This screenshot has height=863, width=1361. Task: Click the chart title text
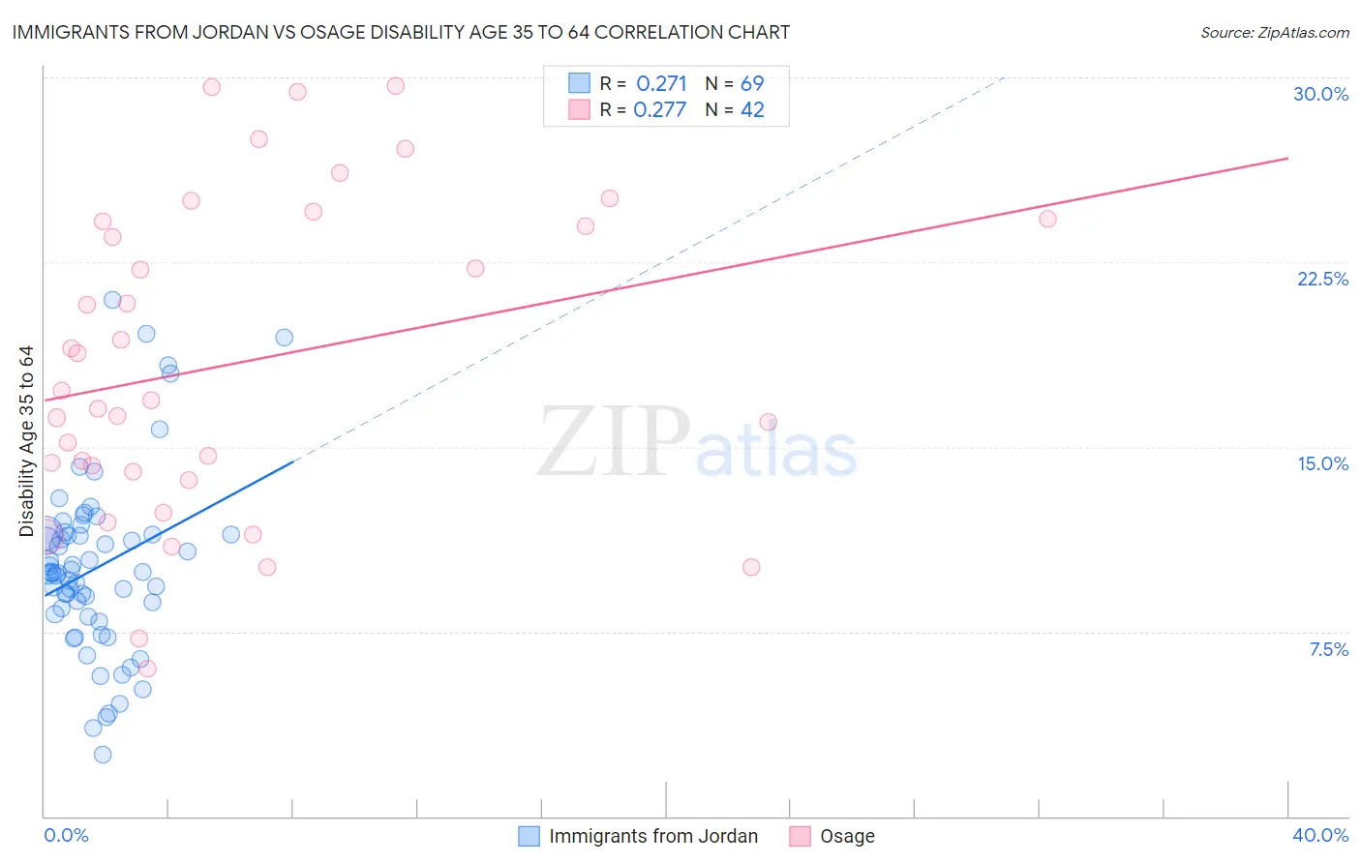[x=401, y=32]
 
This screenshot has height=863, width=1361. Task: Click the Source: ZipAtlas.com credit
[x=1274, y=32]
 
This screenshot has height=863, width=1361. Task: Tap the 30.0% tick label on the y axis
[x=1320, y=94]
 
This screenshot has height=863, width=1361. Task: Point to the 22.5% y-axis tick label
[x=1322, y=279]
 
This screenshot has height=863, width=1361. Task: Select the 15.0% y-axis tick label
[x=1322, y=463]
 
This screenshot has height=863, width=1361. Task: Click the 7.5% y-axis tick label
[x=1328, y=649]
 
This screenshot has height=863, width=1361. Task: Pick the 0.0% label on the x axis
[x=66, y=835]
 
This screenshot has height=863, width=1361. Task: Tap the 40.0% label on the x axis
[x=1320, y=835]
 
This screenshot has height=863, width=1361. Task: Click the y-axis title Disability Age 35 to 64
[x=26, y=441]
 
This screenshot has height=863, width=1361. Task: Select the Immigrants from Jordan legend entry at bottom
[x=652, y=836]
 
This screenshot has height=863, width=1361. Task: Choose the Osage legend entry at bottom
[x=846, y=836]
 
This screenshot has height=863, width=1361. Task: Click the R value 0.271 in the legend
[x=661, y=84]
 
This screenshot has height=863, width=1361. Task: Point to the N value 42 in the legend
[x=752, y=110]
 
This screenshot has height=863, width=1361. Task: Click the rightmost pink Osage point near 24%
[x=1047, y=219]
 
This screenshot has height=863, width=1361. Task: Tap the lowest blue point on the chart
[x=103, y=755]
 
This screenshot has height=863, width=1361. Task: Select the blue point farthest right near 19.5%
[x=285, y=338]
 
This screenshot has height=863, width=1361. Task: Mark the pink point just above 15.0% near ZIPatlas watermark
[x=769, y=422]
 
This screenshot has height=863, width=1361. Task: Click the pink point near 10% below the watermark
[x=751, y=567]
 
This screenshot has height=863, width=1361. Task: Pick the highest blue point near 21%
[x=112, y=300]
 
